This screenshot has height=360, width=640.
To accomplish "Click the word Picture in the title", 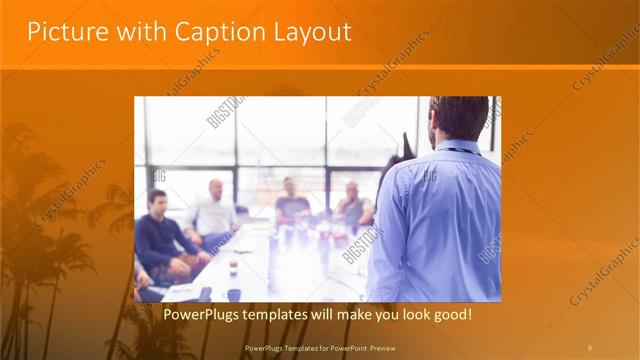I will coord(61,32).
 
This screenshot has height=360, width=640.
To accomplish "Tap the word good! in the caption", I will coord(451,315).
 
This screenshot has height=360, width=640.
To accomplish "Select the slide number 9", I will coord(589,347).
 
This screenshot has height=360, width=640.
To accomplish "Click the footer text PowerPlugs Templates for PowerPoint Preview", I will coord(320,347).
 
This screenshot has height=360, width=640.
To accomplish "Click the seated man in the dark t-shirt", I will coord(291,204).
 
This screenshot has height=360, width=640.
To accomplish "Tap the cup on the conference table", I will coord(232,267).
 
